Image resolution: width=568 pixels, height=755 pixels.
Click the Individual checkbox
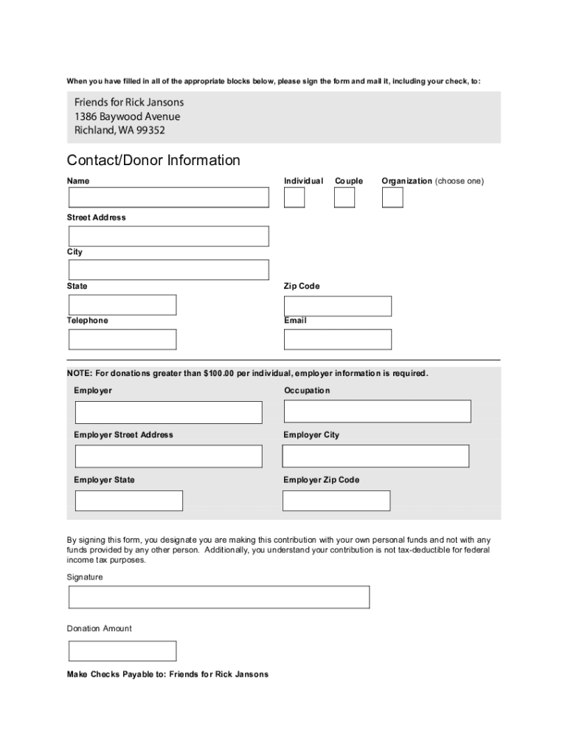click(294, 198)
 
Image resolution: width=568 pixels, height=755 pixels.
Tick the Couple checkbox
click(344, 198)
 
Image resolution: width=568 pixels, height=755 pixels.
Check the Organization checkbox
click(392, 198)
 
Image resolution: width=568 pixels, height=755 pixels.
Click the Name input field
click(169, 198)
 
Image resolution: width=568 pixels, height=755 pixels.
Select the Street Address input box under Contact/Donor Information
click(169, 236)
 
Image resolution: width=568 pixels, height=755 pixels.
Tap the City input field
click(169, 270)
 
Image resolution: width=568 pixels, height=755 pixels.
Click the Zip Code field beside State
click(338, 306)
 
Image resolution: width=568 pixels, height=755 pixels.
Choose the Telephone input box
click(122, 339)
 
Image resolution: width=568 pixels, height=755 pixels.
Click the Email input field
click(338, 339)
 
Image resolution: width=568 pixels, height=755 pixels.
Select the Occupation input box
click(377, 411)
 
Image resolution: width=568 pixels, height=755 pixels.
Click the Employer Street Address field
click(168, 456)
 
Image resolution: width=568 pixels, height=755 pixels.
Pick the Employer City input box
click(375, 456)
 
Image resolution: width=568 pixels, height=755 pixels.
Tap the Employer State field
click(129, 501)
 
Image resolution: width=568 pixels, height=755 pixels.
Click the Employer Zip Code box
click(336, 501)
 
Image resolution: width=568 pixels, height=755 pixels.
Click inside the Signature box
click(219, 597)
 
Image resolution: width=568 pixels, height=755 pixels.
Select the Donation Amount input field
click(122, 651)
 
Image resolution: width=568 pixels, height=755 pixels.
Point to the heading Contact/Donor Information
click(153, 161)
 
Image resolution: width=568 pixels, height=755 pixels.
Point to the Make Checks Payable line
click(167, 675)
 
